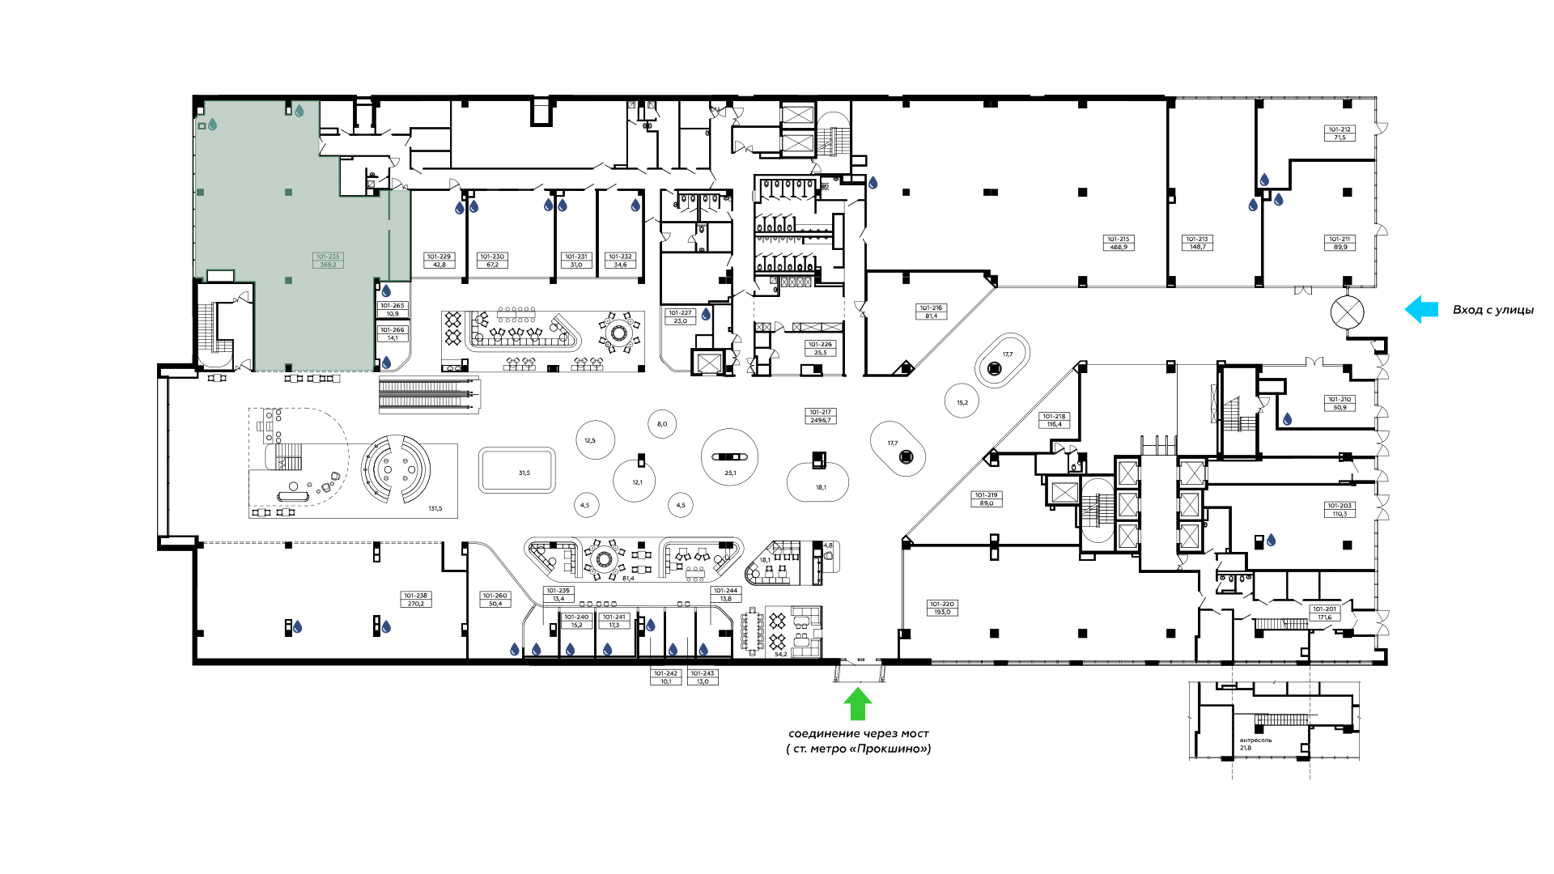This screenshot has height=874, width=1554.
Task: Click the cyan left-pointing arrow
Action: coord(1420,309)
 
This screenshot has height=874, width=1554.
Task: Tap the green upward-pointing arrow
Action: coord(857,704)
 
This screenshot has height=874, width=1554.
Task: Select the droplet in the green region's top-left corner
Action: coord(213,124)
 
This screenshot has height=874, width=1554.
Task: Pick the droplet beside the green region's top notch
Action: coord(299,111)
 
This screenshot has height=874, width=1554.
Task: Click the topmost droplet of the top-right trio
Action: coord(1264,180)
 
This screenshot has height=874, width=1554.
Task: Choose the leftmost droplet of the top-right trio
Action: coord(1253,205)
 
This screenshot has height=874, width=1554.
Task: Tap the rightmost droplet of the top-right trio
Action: coord(1279,199)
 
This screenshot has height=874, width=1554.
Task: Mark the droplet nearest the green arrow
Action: coord(703,649)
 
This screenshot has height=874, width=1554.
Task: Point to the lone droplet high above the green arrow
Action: coord(873,183)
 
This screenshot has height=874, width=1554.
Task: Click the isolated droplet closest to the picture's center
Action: coord(706,314)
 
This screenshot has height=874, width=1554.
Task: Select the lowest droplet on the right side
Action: coord(1272,540)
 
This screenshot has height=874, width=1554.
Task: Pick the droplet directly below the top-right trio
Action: coord(1288,419)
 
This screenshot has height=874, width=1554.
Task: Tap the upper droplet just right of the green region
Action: coord(386,291)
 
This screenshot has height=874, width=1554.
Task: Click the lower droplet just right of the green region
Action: coord(387,363)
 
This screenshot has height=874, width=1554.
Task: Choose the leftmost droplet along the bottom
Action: coord(297,627)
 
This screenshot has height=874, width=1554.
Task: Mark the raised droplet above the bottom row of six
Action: coord(651,625)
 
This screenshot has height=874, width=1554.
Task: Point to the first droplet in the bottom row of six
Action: coord(515,649)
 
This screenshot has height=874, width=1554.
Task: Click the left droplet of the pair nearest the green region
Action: coord(460,208)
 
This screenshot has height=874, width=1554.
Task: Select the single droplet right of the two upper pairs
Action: coord(635,206)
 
